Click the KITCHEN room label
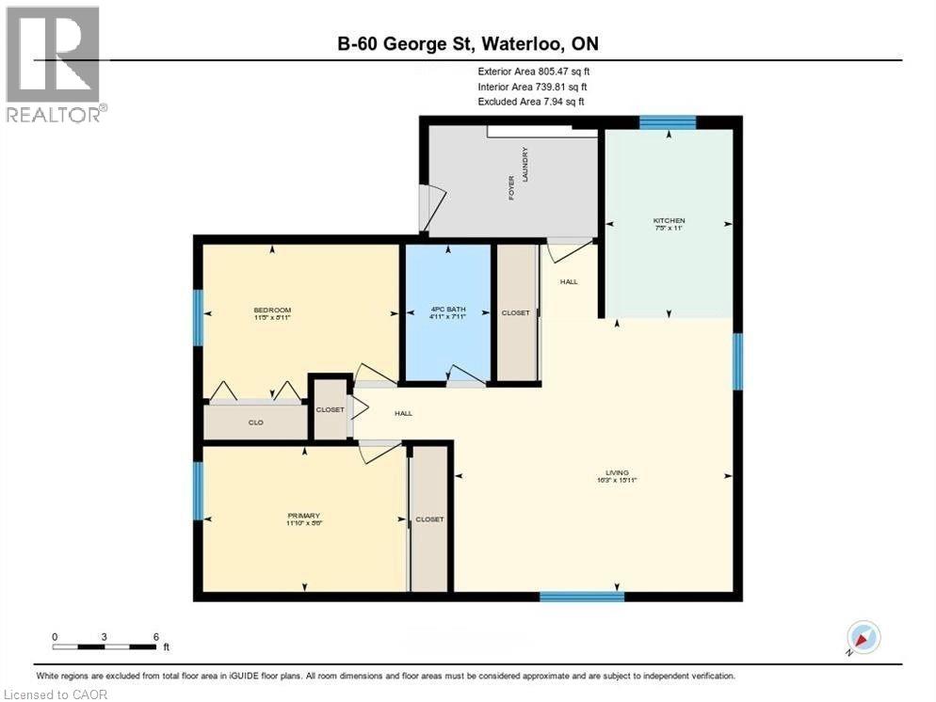669,220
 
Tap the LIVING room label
618,473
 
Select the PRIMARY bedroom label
304,516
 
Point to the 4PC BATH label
447,311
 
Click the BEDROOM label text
272,311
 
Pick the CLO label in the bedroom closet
255,423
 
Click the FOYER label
512,187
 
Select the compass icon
862,637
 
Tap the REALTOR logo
55,65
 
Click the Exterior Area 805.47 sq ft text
534,71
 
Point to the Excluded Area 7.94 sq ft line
531,101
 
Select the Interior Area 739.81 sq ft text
533,86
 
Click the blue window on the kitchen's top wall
668,121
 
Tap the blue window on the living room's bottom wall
581,596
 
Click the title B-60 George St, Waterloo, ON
468,43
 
